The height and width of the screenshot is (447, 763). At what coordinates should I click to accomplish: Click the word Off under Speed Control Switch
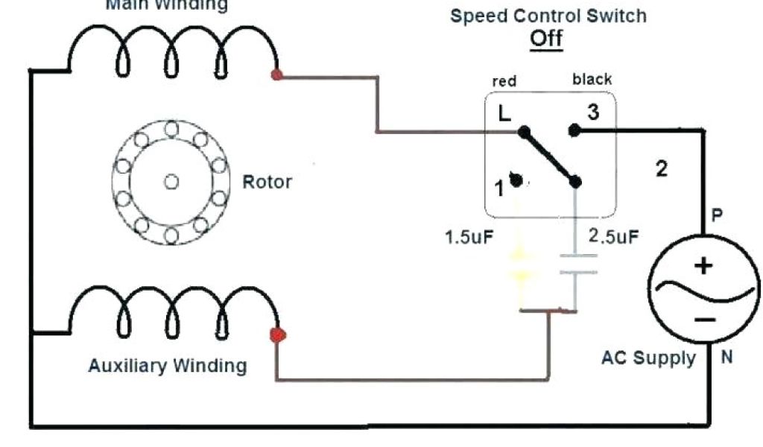click(x=546, y=38)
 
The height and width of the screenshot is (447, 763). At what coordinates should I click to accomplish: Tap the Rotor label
click(x=267, y=182)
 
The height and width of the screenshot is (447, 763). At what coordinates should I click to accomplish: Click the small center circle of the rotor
click(x=171, y=181)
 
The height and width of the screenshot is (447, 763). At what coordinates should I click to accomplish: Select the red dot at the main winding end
click(x=277, y=74)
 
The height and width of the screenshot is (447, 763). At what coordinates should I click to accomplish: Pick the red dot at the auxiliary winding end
click(x=278, y=335)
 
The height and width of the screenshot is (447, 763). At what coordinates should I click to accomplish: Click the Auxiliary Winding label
click(x=167, y=366)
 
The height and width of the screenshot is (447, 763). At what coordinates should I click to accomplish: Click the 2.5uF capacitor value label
click(x=613, y=237)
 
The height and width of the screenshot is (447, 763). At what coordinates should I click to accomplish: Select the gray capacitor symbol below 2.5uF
click(x=574, y=264)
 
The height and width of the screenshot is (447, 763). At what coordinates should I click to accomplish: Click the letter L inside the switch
click(x=504, y=114)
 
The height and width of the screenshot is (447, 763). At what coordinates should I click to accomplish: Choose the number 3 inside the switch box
click(x=593, y=112)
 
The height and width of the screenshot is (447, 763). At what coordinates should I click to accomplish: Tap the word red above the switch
click(x=504, y=80)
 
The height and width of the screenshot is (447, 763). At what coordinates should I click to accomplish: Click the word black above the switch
click(x=592, y=79)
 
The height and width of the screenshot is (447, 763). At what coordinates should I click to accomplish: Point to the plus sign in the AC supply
click(x=704, y=265)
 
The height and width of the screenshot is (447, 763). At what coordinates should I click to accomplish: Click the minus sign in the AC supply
click(x=705, y=319)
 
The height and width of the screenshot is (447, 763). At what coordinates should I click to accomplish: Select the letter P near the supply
click(x=717, y=216)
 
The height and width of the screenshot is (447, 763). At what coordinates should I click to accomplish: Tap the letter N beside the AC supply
click(x=726, y=358)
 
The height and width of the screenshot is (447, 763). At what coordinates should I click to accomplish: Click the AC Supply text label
click(x=648, y=358)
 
